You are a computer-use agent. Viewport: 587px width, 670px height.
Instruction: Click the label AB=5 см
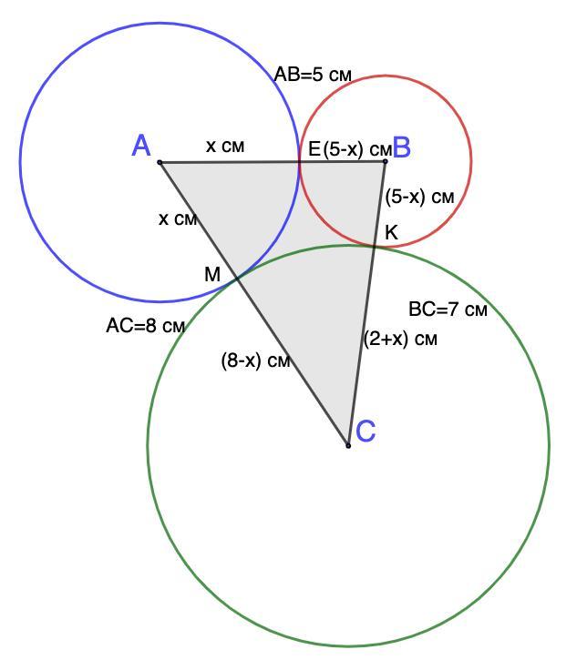313,75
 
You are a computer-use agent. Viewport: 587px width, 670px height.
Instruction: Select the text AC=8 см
146,326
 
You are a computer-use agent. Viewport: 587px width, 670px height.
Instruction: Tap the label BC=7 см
448,310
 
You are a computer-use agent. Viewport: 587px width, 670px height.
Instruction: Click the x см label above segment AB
225,145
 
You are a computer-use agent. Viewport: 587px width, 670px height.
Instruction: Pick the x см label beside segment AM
178,218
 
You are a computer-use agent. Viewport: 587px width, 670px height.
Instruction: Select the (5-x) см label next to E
356,148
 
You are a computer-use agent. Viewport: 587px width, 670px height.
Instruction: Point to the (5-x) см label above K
419,195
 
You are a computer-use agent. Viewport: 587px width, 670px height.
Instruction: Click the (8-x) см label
255,360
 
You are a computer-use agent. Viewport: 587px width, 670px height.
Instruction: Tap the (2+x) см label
400,339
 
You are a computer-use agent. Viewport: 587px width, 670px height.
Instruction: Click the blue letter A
141,146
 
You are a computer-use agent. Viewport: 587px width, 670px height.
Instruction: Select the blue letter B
401,147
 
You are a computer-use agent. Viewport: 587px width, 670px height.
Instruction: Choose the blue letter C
366,431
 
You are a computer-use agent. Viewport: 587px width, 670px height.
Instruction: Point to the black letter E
314,148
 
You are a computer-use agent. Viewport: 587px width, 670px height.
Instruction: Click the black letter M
211,274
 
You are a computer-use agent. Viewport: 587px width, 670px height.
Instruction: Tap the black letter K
391,233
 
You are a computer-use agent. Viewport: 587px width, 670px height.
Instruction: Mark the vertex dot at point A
160,163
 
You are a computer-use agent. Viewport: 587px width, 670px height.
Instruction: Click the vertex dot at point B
386,162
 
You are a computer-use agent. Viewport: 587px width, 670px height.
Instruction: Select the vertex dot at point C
348,445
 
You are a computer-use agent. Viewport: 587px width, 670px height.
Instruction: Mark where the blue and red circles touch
300,162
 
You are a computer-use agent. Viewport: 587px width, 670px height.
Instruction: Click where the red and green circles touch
375,245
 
